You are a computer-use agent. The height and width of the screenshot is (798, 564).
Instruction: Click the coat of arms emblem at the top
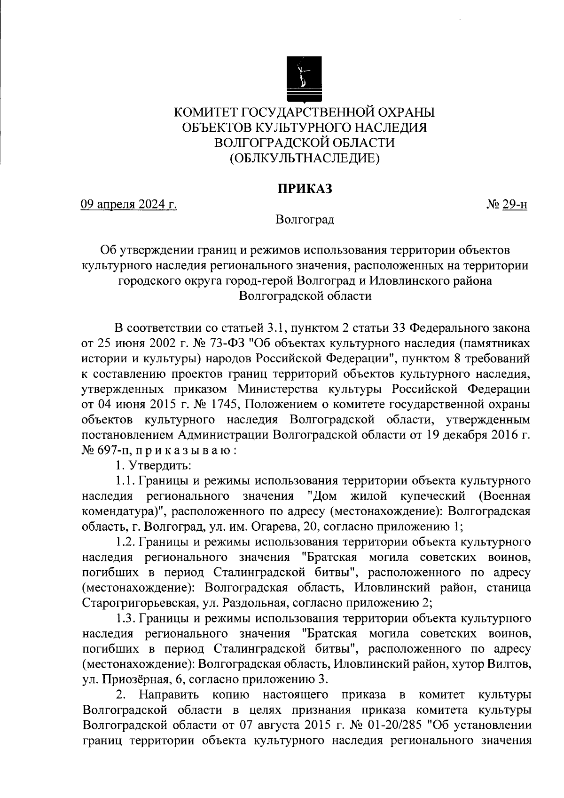click(x=304, y=79)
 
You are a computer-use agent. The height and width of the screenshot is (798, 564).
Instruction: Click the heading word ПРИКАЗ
click(x=304, y=189)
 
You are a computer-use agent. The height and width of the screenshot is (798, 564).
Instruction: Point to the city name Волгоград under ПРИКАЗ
click(x=305, y=220)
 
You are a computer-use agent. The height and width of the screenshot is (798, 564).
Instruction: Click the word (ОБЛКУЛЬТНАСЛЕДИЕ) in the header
click(x=304, y=159)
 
